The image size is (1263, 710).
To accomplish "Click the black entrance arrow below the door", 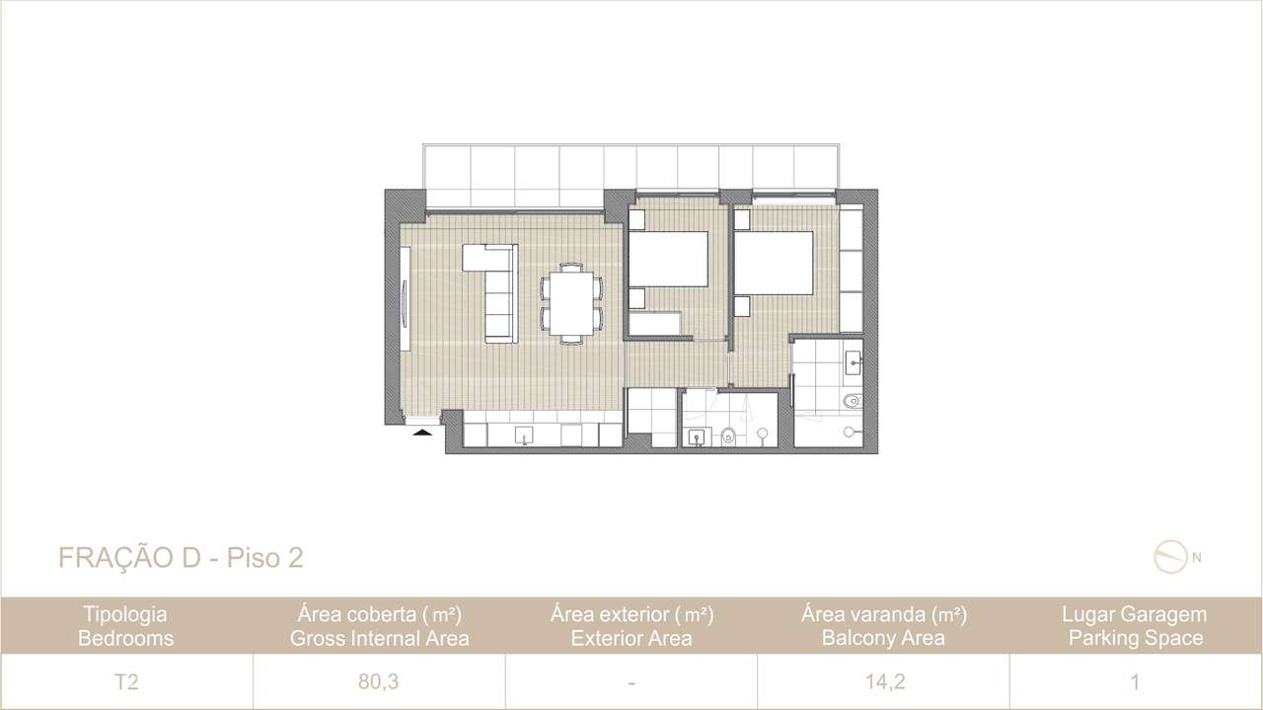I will click(422, 431).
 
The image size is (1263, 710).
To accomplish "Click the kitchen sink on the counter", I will click(524, 434).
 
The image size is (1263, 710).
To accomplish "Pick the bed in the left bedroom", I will click(669, 259).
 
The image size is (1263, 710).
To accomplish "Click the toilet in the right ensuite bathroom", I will click(852, 400).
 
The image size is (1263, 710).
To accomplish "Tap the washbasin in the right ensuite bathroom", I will click(854, 358).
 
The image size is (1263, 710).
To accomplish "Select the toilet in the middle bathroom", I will click(728, 434).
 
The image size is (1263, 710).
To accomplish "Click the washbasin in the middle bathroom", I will click(698, 435).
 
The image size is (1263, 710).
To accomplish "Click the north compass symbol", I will click(1168, 557).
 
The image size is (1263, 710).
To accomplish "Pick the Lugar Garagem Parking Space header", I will click(1134, 626).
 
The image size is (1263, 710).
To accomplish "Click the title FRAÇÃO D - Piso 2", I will click(181, 558).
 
